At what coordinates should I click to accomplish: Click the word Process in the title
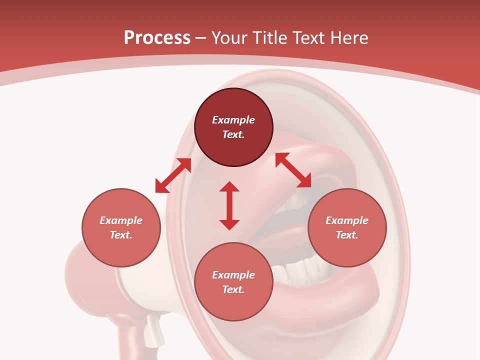pyautogui.click(x=157, y=38)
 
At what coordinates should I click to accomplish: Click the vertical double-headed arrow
pyautogui.click(x=229, y=205)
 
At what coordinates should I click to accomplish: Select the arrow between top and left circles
pyautogui.click(x=173, y=175)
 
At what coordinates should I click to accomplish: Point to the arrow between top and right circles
pyautogui.click(x=293, y=170)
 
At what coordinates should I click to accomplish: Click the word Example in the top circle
pyautogui.click(x=233, y=120)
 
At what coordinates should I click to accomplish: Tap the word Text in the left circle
pyautogui.click(x=121, y=235)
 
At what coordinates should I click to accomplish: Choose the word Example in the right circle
pyautogui.click(x=347, y=220)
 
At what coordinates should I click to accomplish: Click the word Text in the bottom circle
pyautogui.click(x=233, y=289)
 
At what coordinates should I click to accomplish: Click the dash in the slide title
pyautogui.click(x=201, y=38)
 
